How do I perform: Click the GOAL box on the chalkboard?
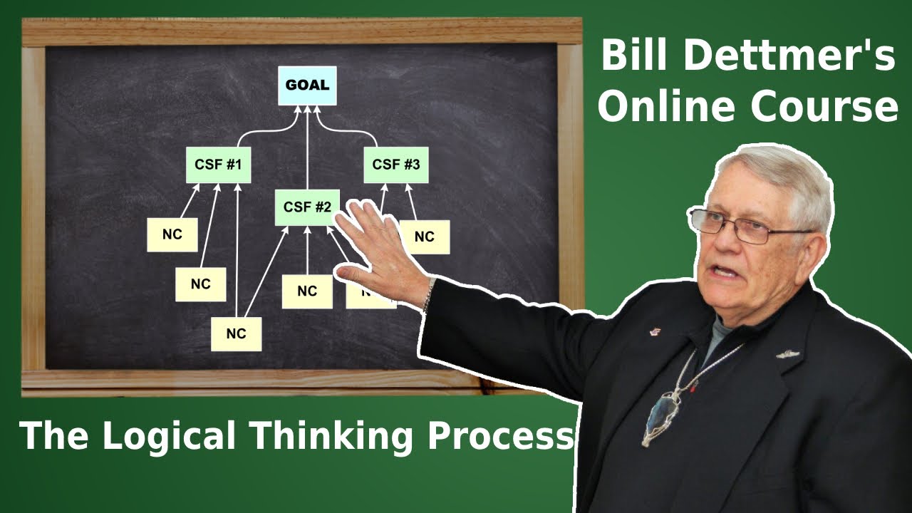[x=307, y=85]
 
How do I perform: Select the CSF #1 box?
[x=218, y=165]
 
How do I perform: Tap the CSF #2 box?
[x=307, y=207]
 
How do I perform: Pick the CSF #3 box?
[x=396, y=165]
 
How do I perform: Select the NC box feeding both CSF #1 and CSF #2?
[x=236, y=333]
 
